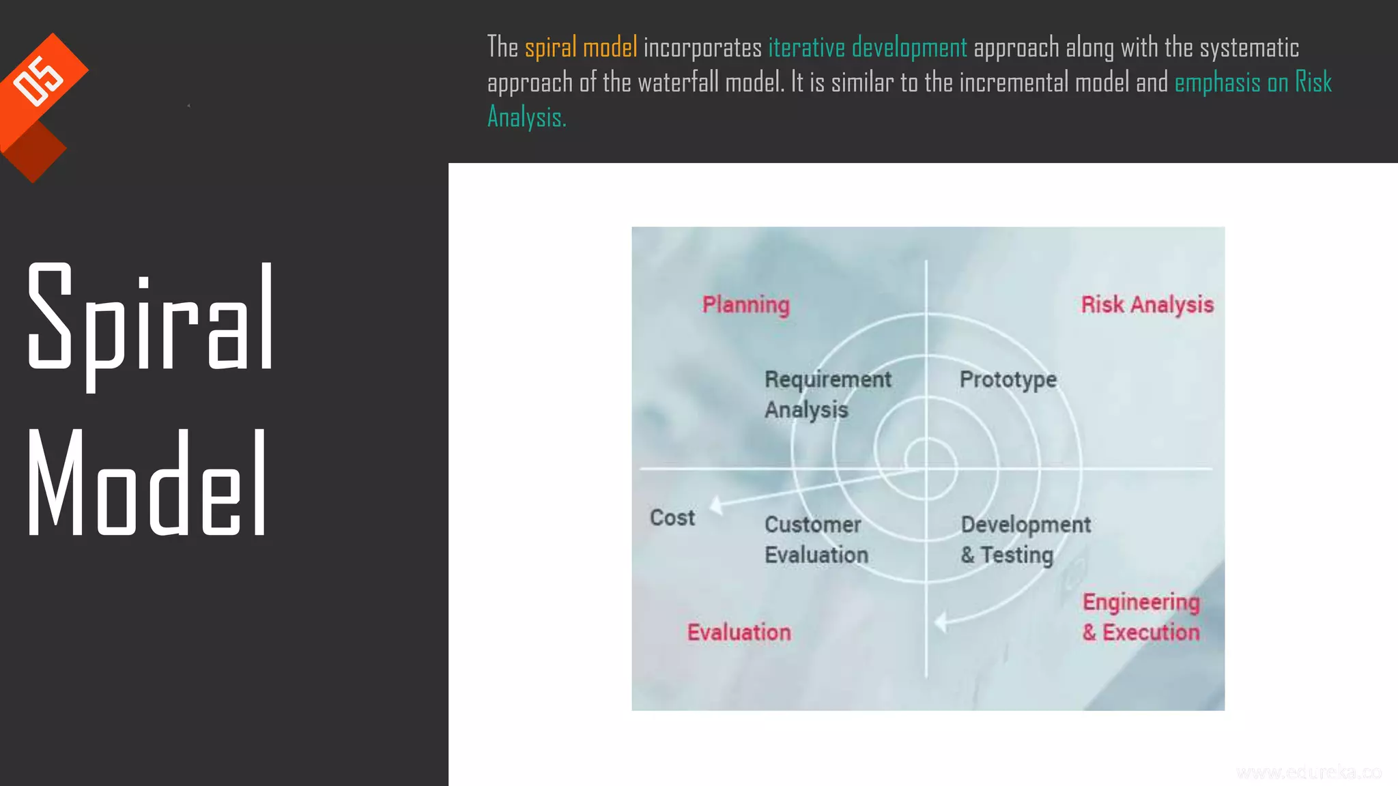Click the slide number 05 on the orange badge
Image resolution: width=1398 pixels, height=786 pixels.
39,81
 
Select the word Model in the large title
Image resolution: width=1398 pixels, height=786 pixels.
147,483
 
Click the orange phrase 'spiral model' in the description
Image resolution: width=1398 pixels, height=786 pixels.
581,48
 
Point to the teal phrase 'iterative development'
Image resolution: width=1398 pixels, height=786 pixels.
868,48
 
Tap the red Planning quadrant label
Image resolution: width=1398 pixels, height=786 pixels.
745,304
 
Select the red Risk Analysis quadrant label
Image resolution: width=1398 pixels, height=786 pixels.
1147,304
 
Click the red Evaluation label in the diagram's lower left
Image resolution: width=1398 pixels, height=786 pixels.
739,632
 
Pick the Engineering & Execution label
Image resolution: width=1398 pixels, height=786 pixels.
1141,617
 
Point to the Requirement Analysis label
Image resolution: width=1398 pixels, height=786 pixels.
827,394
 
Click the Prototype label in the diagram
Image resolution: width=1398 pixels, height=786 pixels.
1008,379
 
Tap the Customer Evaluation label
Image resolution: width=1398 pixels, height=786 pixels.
816,540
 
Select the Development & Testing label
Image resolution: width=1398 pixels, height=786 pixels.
1025,540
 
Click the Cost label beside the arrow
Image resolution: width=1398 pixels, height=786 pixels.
672,518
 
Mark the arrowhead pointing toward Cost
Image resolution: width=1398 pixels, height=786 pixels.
715,506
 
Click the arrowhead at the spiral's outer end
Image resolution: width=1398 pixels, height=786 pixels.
941,622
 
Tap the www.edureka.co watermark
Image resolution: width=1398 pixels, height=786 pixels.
1309,772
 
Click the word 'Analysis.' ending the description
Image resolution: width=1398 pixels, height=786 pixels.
526,118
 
